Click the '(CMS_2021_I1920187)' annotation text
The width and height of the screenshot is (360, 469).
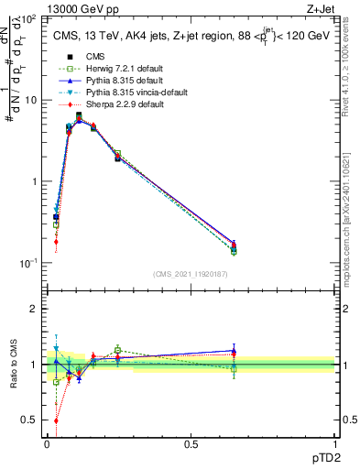pyautogui.click(x=191, y=274)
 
